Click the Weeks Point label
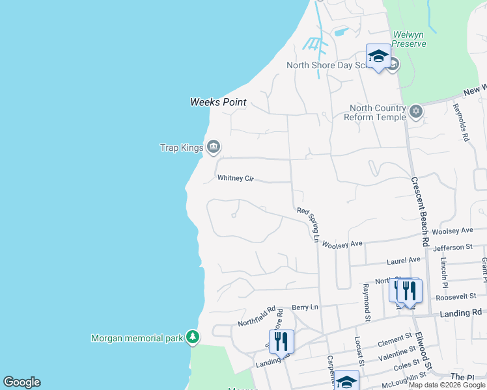(x=218, y=102)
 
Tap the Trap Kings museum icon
(x=213, y=148)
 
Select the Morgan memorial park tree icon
(x=192, y=337)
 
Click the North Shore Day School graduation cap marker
(x=378, y=56)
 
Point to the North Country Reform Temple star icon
(x=416, y=112)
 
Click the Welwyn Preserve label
(x=409, y=39)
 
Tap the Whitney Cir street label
(x=235, y=178)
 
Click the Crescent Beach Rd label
(x=420, y=211)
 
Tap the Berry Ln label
(x=305, y=307)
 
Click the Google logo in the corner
(x=21, y=382)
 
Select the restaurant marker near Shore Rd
(x=281, y=341)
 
